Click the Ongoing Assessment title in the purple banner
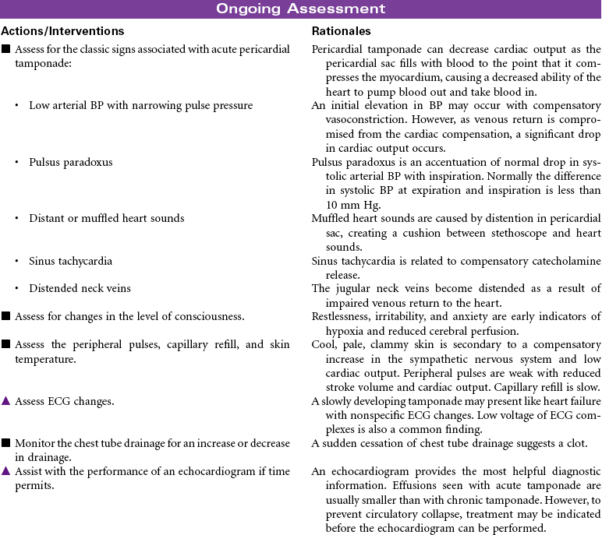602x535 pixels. tap(300, 9)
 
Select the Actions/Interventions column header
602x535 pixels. tap(62, 31)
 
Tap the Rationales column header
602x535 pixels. tap(341, 31)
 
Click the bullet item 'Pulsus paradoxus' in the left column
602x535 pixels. tap(70, 162)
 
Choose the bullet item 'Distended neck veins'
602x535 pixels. tap(80, 288)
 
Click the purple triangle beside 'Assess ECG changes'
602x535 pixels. tap(5, 401)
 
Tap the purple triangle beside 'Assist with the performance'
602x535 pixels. tap(5, 470)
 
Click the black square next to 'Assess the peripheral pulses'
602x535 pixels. tap(5, 345)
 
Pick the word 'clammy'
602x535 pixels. tap(382, 345)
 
